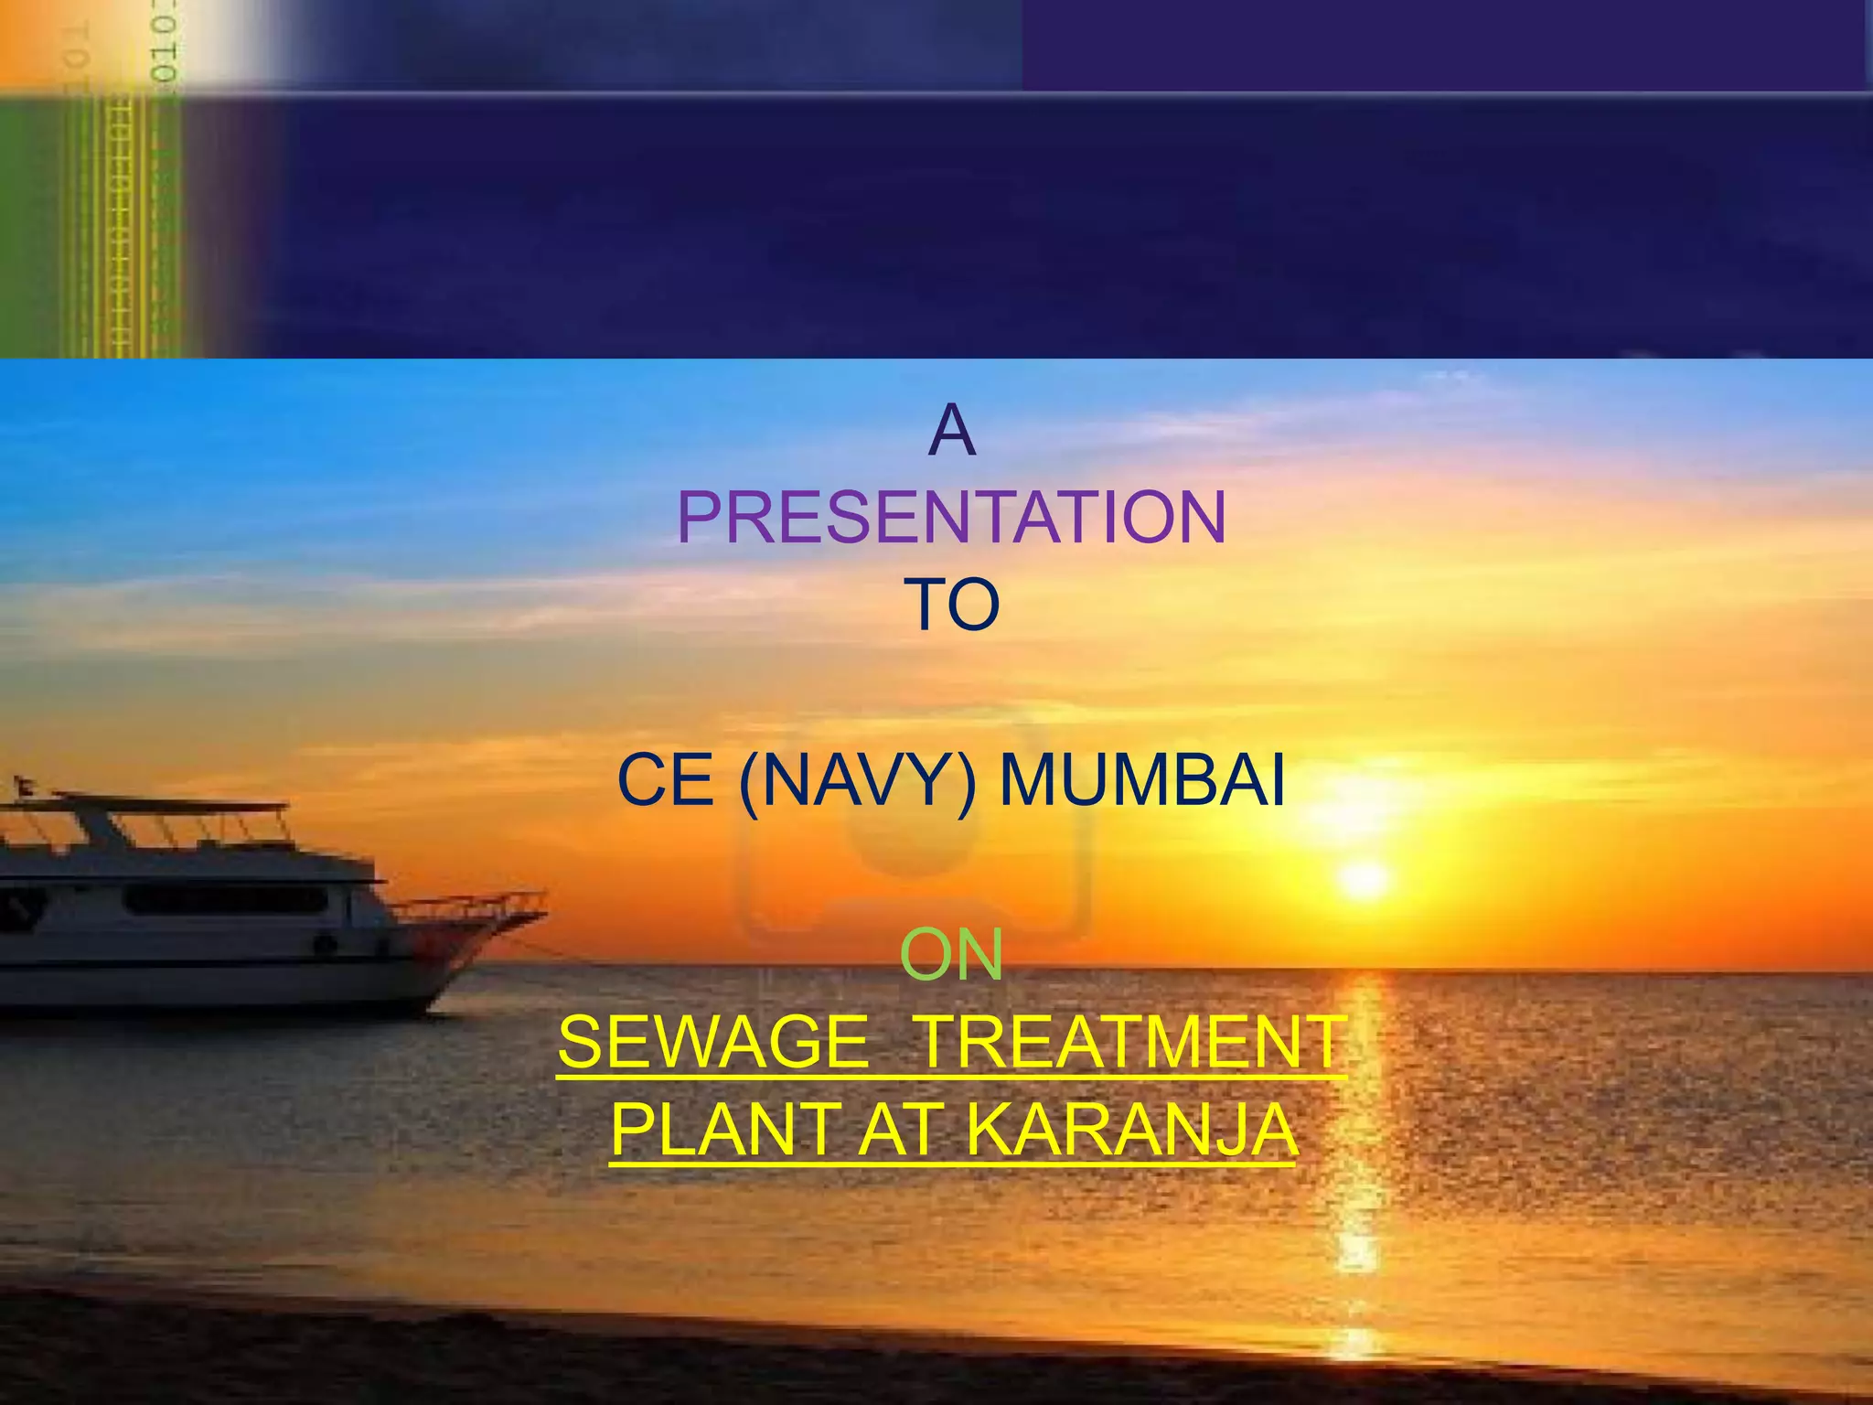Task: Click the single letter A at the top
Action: coord(951,431)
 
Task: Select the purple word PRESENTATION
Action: coord(951,518)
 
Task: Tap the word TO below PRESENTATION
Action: coord(951,605)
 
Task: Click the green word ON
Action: coord(951,955)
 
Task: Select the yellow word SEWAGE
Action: coord(713,1042)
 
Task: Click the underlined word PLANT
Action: coord(724,1130)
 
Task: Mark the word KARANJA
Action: coord(1131,1130)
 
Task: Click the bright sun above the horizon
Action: coord(1365,879)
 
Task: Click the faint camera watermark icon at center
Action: coord(915,842)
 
